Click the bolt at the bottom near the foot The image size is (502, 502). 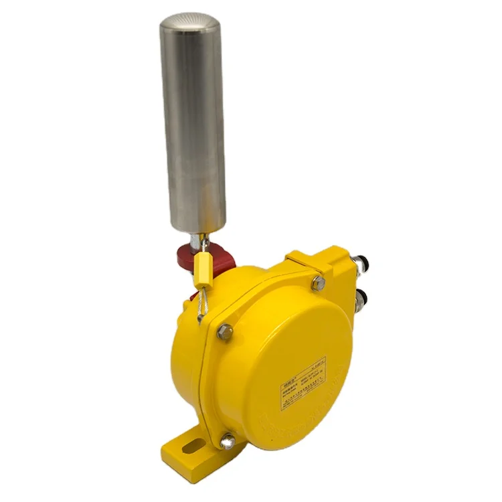click(x=228, y=440)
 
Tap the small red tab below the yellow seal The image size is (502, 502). click(x=195, y=295)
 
